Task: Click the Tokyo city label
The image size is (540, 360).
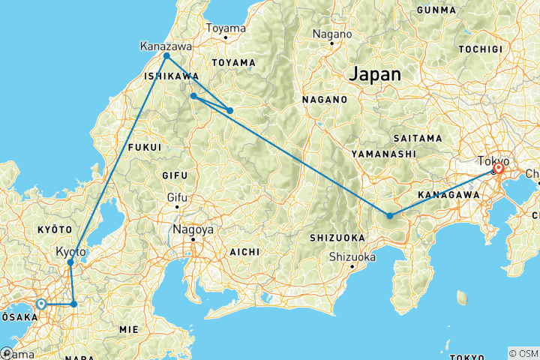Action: point(494,160)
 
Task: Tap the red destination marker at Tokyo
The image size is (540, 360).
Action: point(498,169)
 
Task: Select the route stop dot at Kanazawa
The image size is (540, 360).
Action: point(166,56)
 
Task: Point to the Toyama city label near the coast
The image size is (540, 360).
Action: point(226,28)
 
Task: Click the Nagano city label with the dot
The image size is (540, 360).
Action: point(332,34)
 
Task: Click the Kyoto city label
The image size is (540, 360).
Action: point(70,251)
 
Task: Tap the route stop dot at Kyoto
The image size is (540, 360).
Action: point(70,262)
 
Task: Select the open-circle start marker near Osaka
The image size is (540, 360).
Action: point(40,304)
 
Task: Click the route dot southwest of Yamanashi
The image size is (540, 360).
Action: point(390,216)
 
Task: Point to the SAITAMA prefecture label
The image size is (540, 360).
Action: point(415,139)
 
